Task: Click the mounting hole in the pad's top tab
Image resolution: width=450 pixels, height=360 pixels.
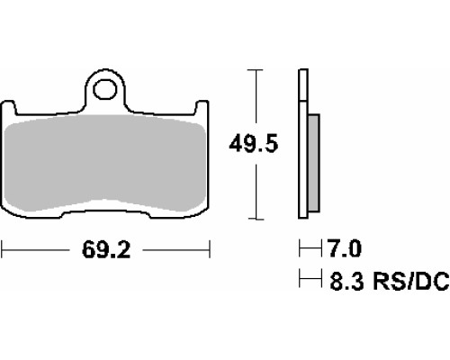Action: (104, 89)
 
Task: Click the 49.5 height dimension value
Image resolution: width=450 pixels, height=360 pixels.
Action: (254, 144)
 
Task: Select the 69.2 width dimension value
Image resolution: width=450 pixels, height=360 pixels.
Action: (106, 250)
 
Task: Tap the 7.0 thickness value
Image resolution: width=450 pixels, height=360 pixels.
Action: (345, 248)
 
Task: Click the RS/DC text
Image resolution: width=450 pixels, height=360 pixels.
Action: (410, 281)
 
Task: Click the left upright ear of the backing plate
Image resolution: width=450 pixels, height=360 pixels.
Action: (8, 108)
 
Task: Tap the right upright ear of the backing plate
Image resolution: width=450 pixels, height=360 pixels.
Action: (202, 108)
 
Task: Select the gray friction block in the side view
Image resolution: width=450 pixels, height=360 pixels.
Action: (314, 163)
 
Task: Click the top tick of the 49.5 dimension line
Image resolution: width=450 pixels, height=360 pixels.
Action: (256, 69)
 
